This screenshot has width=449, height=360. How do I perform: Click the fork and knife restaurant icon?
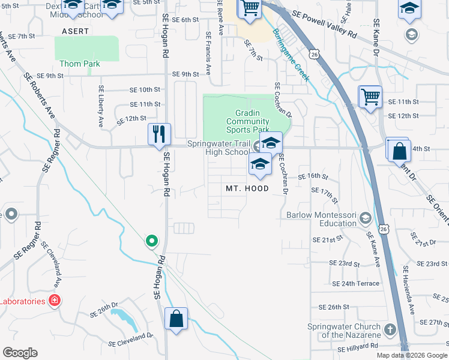pyautogui.click(x=159, y=134)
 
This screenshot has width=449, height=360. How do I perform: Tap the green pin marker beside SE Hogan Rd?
pyautogui.click(x=152, y=241)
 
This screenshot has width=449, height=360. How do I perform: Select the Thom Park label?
pyautogui.click(x=79, y=64)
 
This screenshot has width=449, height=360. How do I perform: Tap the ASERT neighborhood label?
pyautogui.click(x=74, y=31)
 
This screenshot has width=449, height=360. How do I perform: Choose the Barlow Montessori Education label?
pyautogui.click(x=321, y=219)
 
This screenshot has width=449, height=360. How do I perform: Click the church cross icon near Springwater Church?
pyautogui.click(x=390, y=329)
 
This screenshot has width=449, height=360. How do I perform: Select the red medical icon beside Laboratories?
pyautogui.click(x=55, y=301)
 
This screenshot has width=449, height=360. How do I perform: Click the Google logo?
pyautogui.click(x=20, y=353)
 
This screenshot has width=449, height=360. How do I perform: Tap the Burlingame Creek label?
pyautogui.click(x=291, y=55)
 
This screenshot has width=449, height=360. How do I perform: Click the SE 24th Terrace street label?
pyautogui.click(x=354, y=283)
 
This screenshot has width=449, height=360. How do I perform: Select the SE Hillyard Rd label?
pyautogui.click(x=358, y=347)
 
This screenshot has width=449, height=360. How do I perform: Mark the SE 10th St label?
pyautogui.click(x=145, y=89)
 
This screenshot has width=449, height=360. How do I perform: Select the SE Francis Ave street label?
pyautogui.click(x=208, y=53)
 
